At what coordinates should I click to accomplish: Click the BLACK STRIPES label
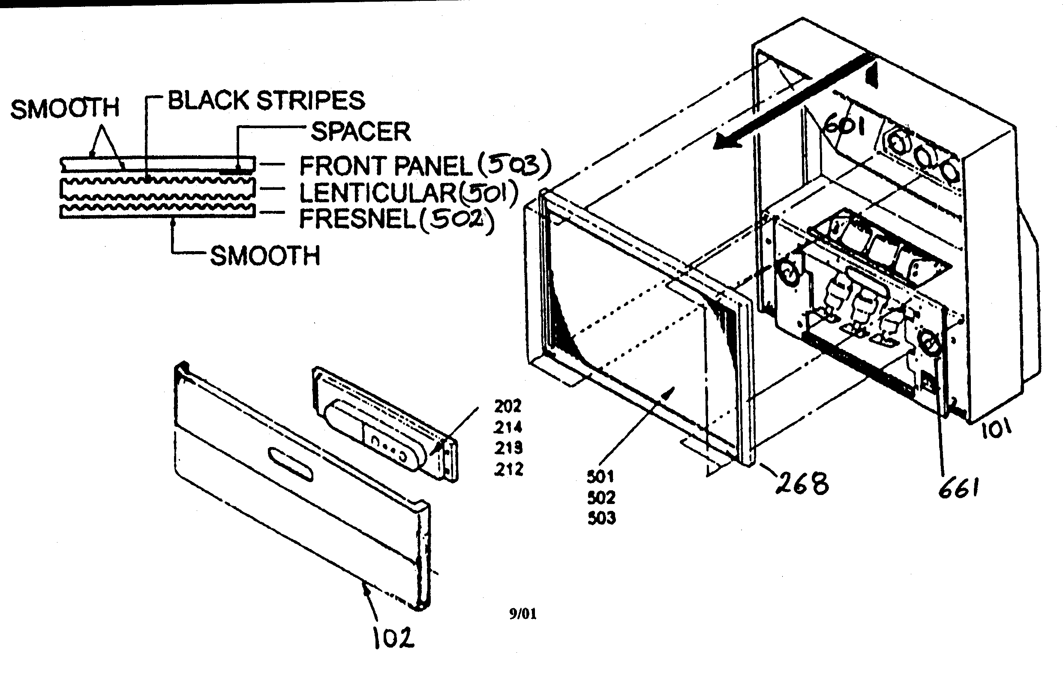[266, 100]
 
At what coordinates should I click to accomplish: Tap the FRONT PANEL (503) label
[424, 165]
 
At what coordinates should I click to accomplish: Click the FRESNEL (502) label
[396, 219]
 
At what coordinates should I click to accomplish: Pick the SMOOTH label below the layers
[265, 256]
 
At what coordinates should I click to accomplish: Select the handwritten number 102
[393, 638]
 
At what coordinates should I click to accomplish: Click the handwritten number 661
[958, 489]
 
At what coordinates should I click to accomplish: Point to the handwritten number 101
[996, 429]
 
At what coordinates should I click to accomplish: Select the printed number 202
[507, 405]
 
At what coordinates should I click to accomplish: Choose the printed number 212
[509, 469]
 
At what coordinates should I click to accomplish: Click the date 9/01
[522, 614]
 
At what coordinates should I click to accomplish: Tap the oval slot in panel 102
[291, 464]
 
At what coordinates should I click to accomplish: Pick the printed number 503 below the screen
[601, 518]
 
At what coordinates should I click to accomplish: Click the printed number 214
[508, 427]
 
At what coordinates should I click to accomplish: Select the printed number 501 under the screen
[600, 477]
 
